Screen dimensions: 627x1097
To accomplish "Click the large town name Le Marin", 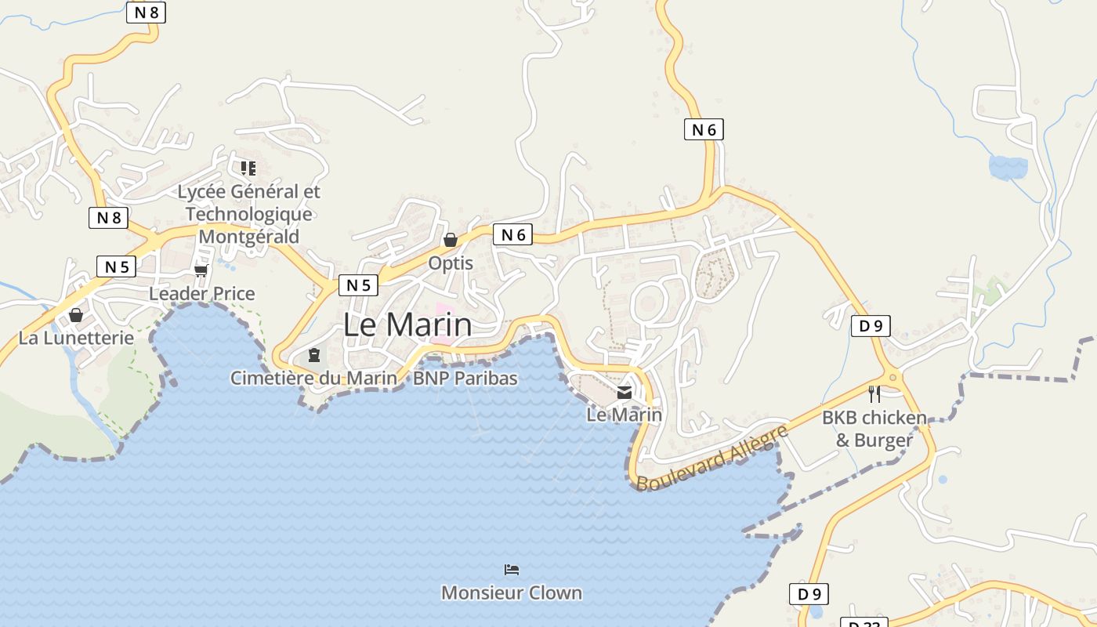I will point(407,324).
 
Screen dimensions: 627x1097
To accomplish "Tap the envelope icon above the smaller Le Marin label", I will point(625,393).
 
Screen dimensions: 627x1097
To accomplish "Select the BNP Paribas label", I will point(465,378).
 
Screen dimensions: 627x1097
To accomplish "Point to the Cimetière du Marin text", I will point(313,378).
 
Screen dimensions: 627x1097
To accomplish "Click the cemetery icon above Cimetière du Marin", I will point(314,355).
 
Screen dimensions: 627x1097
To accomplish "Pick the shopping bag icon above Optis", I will point(451,240).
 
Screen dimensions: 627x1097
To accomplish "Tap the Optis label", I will point(451,263).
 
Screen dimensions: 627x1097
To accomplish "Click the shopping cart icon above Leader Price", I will point(201,270).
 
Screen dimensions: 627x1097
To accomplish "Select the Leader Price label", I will point(202,294).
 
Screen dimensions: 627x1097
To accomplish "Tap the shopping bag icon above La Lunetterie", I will point(76,315).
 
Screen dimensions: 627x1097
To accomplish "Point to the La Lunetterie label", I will point(76,338).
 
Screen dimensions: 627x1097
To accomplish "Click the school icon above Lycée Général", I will point(248,168).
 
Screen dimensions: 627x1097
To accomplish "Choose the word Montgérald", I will point(249,236).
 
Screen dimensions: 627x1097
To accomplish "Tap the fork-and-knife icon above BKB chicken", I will point(874,393).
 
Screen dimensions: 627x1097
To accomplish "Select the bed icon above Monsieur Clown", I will point(512,569).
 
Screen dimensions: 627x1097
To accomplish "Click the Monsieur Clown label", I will point(512,593).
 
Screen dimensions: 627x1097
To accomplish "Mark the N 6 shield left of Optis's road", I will point(512,234).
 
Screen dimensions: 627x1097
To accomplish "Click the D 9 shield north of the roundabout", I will point(871,326).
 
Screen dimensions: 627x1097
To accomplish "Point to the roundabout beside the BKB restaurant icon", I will point(894,378).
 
